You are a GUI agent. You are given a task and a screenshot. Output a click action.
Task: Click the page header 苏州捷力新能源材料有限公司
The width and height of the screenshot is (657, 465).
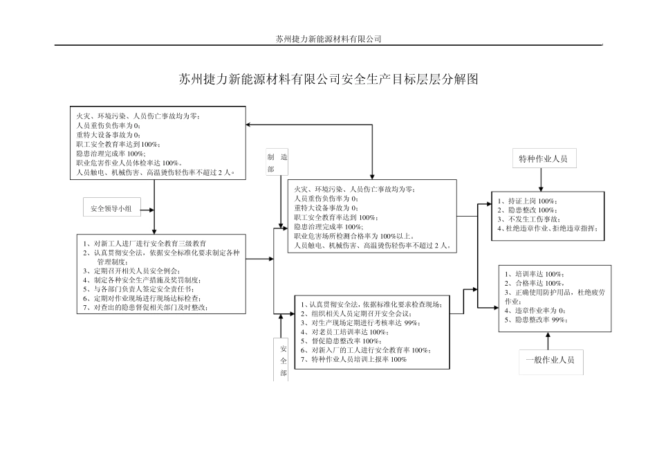click(x=328, y=39)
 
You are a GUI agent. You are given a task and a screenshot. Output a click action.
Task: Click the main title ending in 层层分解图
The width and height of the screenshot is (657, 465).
click(x=328, y=80)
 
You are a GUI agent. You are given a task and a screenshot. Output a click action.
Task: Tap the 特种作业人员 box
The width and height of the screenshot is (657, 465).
click(x=543, y=158)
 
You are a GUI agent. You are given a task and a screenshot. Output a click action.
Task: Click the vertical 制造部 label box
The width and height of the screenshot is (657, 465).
click(x=277, y=163)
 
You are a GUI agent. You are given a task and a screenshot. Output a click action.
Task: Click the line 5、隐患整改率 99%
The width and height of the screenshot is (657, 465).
click(x=536, y=320)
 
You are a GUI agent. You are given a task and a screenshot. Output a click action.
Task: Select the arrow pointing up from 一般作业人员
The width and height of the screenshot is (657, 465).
click(x=548, y=341)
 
